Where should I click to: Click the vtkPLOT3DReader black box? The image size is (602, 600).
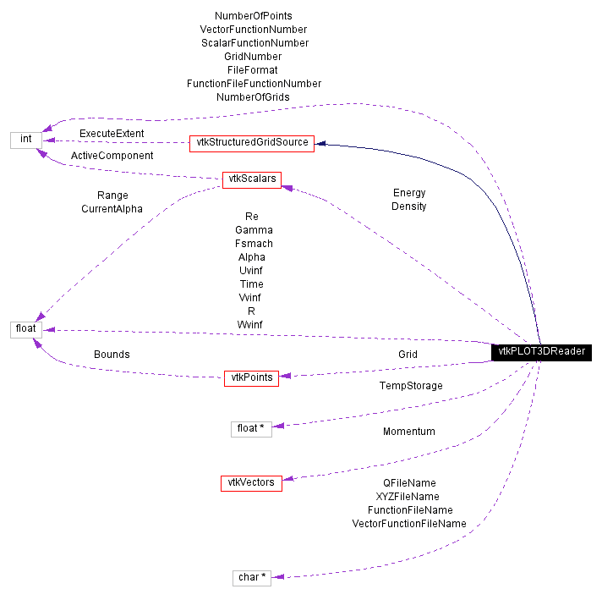541,351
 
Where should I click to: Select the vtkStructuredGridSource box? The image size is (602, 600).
251,143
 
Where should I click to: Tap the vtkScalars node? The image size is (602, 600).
251,179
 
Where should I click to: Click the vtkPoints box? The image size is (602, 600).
251,377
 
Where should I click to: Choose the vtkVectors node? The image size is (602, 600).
251,482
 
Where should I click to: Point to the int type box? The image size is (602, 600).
25,139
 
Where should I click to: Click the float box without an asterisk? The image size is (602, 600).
25,329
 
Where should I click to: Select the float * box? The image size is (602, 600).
251,428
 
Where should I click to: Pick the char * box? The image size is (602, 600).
252,577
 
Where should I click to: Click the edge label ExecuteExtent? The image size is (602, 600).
112,134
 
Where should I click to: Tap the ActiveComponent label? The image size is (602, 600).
112,156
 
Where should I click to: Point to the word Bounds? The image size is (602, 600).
112,355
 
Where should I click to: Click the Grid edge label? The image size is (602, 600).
408,355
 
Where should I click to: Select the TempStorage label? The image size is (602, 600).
410,386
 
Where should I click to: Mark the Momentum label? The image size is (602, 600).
408,432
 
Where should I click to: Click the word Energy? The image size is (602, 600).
408,193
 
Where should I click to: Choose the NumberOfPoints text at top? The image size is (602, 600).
254,15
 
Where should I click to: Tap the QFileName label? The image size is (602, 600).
409,483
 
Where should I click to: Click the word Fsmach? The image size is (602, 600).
251,244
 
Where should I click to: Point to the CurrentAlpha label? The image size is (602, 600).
112,208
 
